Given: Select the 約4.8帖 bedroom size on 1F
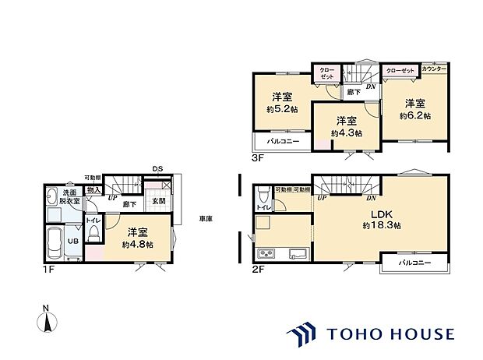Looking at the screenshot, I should [x=137, y=244].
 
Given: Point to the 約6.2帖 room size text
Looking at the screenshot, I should [x=414, y=115].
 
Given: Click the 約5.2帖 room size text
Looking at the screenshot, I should [x=282, y=109].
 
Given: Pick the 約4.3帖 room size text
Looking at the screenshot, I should [x=346, y=133].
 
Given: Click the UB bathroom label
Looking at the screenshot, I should [x=69, y=242].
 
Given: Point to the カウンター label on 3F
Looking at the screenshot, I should [x=434, y=69].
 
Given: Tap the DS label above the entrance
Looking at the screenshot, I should [x=157, y=169].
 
